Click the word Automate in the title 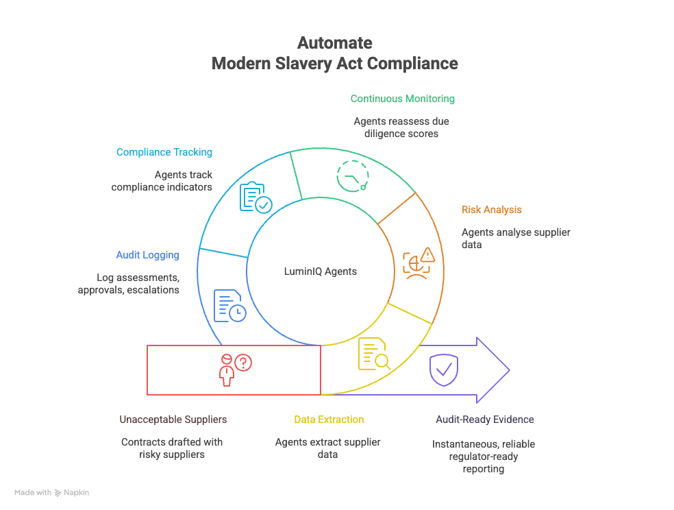coord(335,43)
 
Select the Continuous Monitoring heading coord(402,99)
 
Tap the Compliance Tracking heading coord(164,152)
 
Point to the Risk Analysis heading coord(491,210)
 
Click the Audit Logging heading coord(147,255)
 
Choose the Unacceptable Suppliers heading coord(173,420)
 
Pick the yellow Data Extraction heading coord(329,420)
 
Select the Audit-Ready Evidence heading coord(484,420)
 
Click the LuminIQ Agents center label coord(320,271)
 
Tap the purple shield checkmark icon coord(443,370)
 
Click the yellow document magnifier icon coord(374,354)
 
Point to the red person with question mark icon coord(233,369)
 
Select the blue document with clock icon coord(229,306)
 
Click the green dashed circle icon coord(353,175)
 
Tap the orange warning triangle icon coord(427,255)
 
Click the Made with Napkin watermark coord(52,492)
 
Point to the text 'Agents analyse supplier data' coord(515,238)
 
